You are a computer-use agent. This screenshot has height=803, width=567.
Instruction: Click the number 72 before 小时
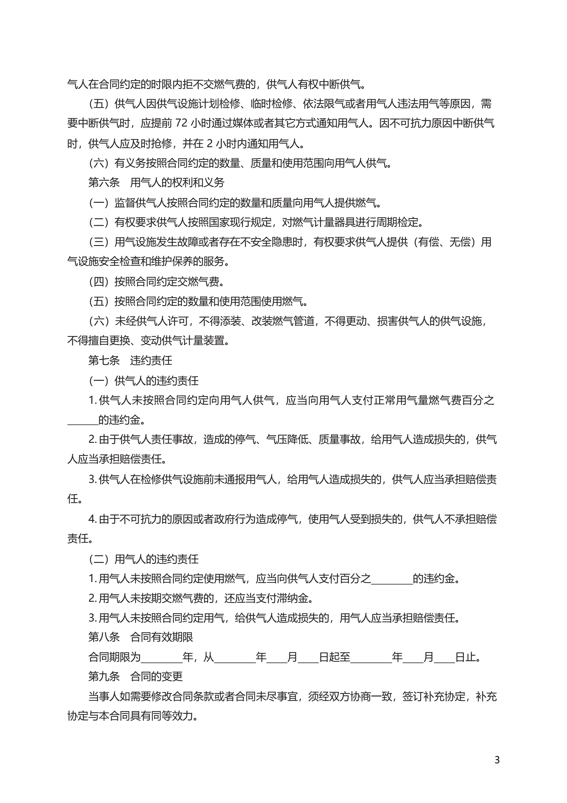[x=181, y=123]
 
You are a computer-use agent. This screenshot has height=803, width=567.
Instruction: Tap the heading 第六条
[x=104, y=182]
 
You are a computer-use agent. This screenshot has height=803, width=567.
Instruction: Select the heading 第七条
[x=104, y=360]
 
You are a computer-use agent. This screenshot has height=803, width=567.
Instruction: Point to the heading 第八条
[x=104, y=637]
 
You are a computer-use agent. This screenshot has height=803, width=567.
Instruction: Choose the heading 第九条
[x=104, y=677]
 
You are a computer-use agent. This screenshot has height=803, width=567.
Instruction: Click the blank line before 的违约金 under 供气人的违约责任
[x=83, y=420]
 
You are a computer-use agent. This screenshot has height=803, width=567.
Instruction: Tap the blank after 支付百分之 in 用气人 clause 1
[x=392, y=579]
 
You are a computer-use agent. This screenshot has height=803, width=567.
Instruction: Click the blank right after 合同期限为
[x=161, y=657]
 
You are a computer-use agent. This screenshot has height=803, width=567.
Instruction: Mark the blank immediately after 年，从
[x=235, y=657]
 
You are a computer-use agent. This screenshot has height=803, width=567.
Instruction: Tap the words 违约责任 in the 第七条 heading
[x=151, y=360]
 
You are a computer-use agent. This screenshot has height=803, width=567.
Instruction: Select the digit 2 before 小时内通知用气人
[x=210, y=143]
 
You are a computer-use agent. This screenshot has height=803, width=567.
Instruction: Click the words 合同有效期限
[x=161, y=637]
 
